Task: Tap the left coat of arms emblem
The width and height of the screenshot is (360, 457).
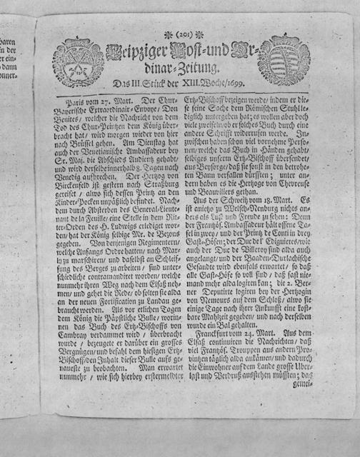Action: click(78, 62)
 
